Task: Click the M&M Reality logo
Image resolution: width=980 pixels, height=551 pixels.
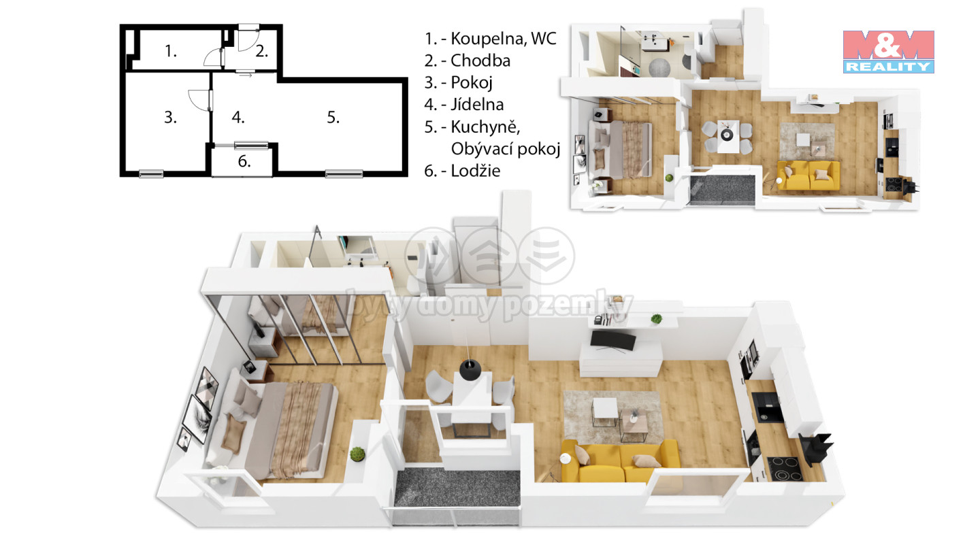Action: (x=888, y=52)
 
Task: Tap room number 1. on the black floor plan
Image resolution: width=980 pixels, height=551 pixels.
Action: (x=171, y=52)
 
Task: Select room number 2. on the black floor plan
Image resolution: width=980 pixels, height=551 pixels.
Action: (x=261, y=52)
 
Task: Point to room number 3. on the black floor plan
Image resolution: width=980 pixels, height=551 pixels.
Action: (x=170, y=117)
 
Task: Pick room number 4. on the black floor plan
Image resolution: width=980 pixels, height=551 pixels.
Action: (x=238, y=117)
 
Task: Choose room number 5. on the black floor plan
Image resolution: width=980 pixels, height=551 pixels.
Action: (x=333, y=117)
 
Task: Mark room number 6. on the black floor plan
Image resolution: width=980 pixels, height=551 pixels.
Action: (x=244, y=162)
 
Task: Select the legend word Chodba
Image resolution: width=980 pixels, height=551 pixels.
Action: (x=480, y=61)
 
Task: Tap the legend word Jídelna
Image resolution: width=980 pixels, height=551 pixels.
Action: (x=477, y=105)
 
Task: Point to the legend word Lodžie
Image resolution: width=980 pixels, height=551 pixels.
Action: (x=475, y=171)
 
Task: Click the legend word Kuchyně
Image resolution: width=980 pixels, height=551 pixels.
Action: (x=485, y=127)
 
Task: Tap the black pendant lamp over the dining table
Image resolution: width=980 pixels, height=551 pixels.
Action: (x=470, y=370)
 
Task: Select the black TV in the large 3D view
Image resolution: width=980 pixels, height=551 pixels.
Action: (x=613, y=341)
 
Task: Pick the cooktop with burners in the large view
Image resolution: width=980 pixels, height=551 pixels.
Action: (x=785, y=468)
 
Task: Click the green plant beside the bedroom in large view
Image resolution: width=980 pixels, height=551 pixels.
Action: (x=357, y=454)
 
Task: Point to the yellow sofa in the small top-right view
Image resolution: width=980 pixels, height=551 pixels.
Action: (x=808, y=175)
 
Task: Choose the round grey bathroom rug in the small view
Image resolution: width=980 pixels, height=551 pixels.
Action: (x=659, y=68)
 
